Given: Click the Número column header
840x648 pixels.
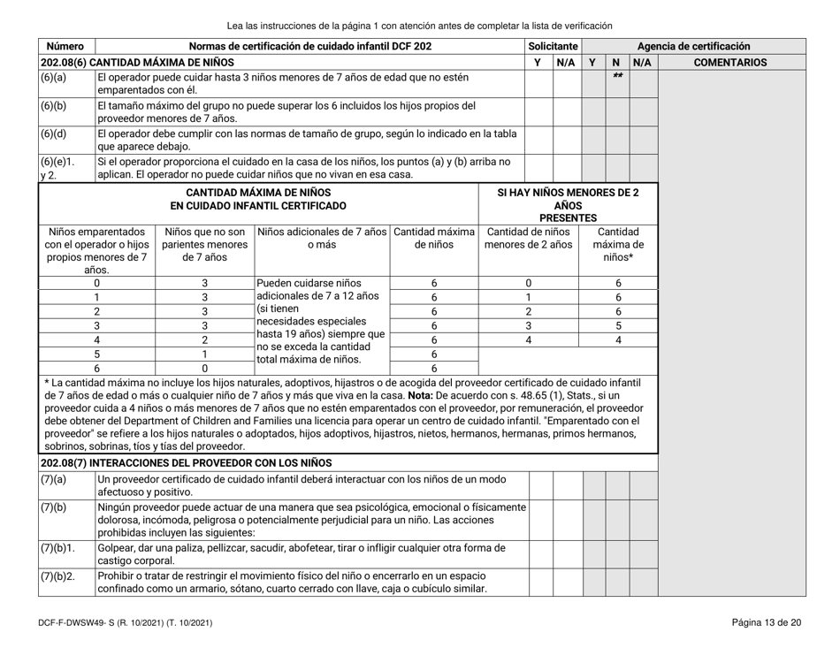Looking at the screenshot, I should [64, 46].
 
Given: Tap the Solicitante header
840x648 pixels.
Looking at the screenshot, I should [553, 46].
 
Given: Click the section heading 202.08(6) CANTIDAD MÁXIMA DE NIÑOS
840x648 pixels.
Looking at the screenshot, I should [136, 63].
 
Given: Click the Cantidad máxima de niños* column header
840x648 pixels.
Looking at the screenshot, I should [619, 243].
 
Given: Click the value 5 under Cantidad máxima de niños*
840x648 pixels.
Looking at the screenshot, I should [619, 324].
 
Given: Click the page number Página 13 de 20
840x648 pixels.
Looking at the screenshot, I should [767, 624].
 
